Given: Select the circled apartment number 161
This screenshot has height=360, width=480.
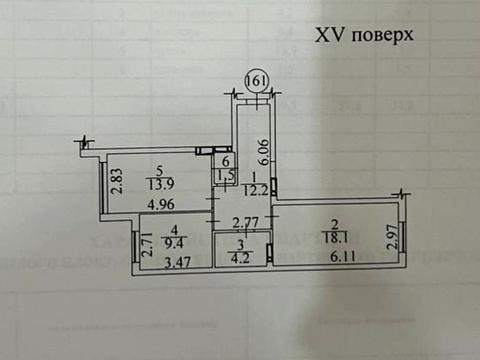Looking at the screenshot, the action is click(x=258, y=81).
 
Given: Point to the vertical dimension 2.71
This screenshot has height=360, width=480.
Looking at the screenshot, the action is click(x=146, y=245).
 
